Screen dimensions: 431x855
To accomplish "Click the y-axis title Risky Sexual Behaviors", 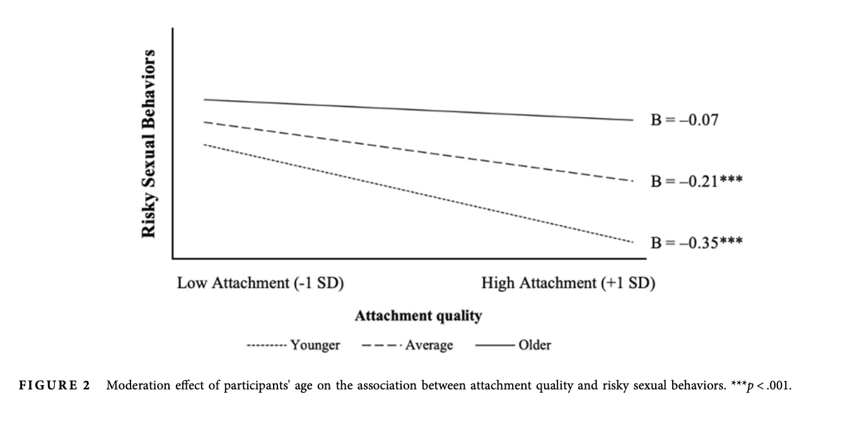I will pos(149,144).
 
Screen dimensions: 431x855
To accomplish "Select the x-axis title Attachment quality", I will pos(418,316).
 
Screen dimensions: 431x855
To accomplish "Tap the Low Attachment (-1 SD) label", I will pos(260,283).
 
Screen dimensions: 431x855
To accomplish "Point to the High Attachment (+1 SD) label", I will pos(568,283).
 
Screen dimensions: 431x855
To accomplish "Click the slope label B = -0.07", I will pos(684,119).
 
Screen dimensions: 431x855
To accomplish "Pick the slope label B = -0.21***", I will pos(696,181).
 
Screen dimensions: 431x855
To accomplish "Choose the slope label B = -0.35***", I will pos(696,243).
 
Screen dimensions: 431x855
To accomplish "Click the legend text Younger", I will pos(315,345).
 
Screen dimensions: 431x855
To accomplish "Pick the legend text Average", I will pos(429,345).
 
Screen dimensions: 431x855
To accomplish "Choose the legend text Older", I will pos(534,345).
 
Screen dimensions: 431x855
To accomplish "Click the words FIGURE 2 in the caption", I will pos(55,386).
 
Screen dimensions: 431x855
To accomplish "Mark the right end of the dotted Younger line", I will pos(632,241).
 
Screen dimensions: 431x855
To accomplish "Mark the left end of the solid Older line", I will pos(204,100).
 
